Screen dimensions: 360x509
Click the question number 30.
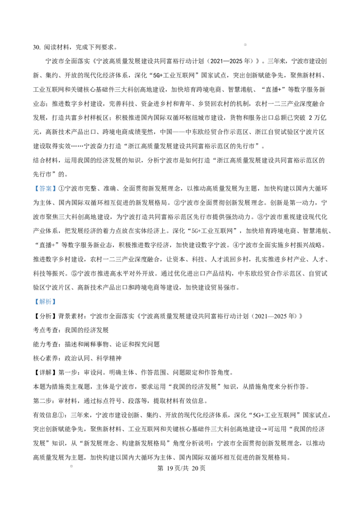(36, 47)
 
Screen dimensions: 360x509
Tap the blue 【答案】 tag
(45, 188)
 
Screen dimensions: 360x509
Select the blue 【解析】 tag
(45, 302)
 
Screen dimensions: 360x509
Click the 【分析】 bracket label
(45, 316)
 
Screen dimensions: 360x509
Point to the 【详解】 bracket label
(45, 372)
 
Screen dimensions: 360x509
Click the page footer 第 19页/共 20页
(181, 468)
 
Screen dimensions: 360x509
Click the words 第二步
(43, 401)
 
